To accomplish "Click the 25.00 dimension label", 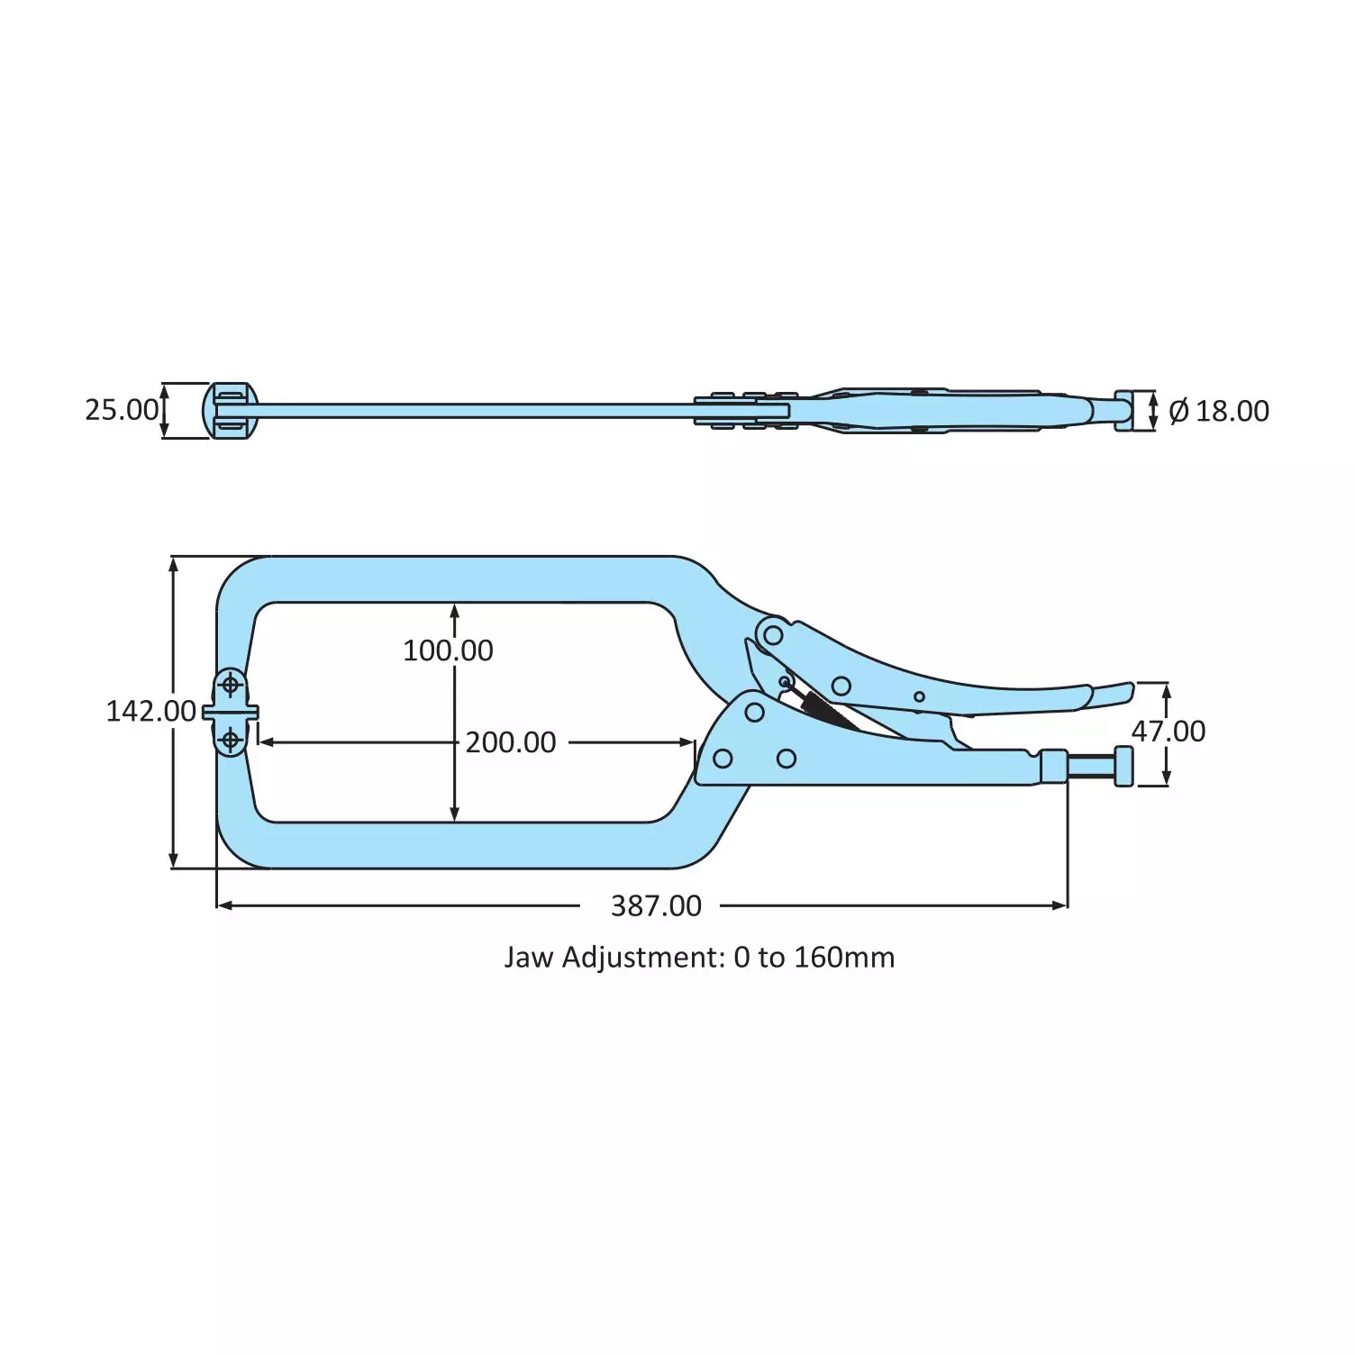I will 122,410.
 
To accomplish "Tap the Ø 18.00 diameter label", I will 1218,411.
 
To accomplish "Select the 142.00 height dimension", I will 150,712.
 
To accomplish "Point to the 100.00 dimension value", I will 448,650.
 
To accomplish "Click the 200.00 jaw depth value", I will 511,742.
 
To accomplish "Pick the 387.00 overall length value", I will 656,905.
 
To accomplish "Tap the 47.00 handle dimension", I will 1169,732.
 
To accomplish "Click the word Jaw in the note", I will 529,957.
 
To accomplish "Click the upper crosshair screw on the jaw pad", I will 231,686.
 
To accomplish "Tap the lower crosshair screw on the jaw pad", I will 231,741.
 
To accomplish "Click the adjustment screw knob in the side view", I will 1123,767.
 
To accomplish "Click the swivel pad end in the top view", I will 230,411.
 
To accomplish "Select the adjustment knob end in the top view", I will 1123,411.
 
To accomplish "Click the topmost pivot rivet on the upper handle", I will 773,635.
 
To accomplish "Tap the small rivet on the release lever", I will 919,696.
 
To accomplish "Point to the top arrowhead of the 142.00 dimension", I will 174,563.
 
